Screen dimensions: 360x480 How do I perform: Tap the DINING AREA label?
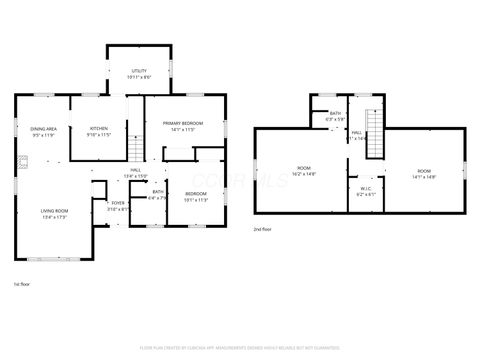(42, 130)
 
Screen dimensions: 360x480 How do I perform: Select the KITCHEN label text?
(100, 130)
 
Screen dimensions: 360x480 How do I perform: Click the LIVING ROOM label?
(54, 212)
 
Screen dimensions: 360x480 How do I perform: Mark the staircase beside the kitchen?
(136, 149)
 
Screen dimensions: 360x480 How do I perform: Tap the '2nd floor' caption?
(263, 229)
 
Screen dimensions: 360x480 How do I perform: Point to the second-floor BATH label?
(336, 116)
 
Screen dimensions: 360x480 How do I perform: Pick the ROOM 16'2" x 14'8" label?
(304, 170)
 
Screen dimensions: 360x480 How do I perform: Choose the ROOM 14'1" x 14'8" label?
(424, 173)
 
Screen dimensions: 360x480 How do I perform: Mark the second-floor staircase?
(375, 136)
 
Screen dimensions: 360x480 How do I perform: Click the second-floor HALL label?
(356, 134)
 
